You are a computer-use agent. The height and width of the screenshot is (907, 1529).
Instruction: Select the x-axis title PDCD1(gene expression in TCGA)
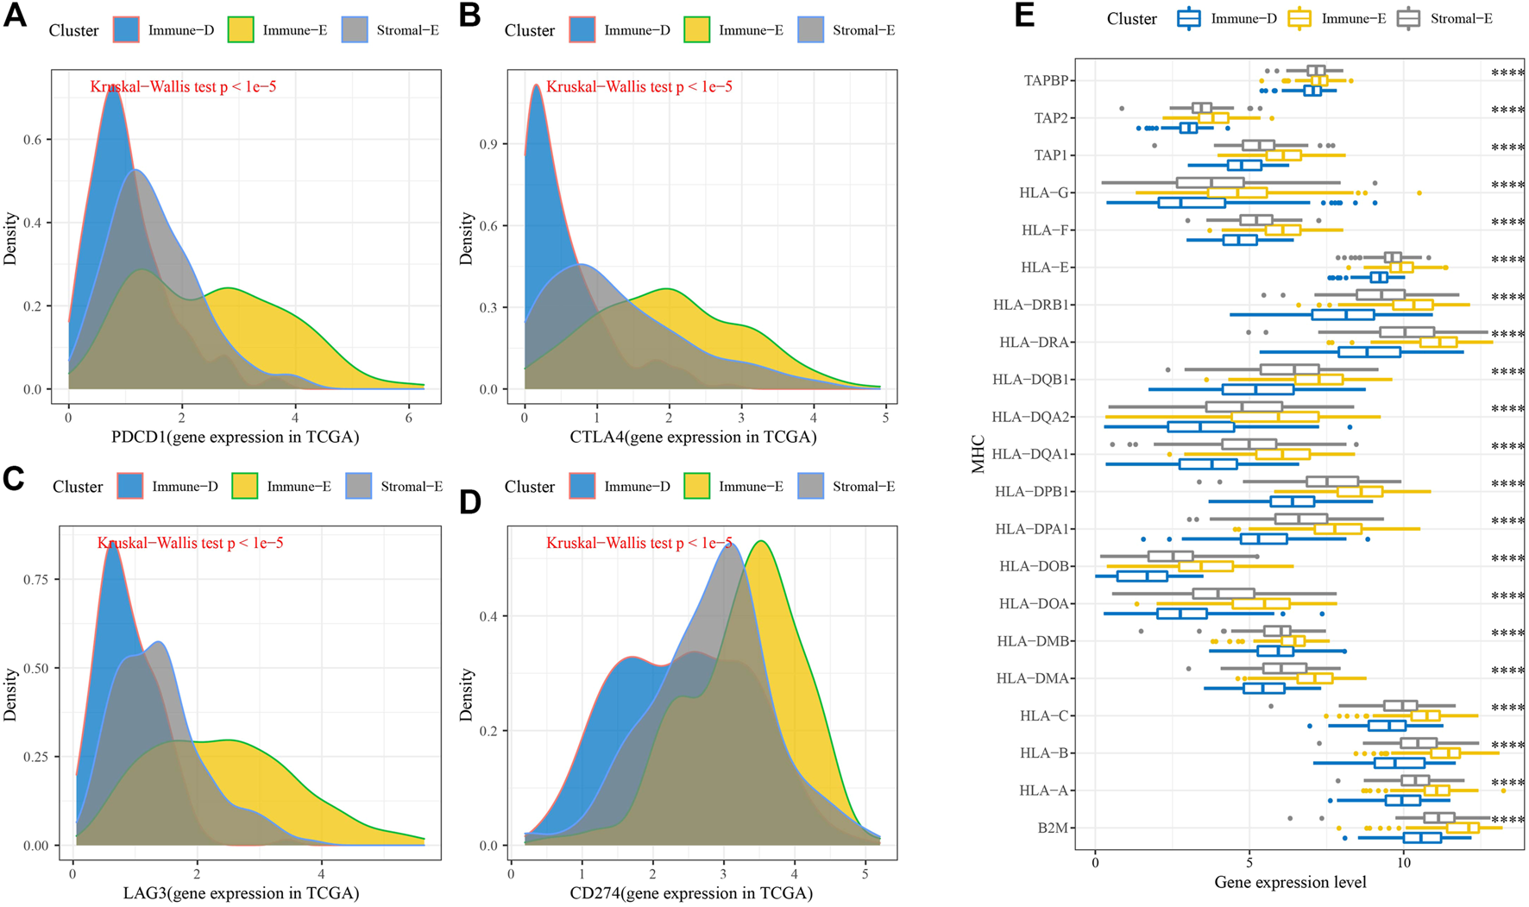point(235,437)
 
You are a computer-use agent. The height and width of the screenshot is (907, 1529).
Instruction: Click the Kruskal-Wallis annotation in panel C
point(190,543)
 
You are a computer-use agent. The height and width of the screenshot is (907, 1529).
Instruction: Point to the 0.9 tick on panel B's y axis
point(489,143)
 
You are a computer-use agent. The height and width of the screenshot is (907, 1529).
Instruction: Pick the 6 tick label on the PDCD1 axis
point(408,417)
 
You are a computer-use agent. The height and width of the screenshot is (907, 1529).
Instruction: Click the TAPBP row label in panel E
point(1046,80)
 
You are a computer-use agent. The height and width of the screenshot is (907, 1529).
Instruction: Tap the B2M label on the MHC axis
point(1053,828)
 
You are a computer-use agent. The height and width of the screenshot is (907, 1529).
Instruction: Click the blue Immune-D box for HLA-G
point(1192,203)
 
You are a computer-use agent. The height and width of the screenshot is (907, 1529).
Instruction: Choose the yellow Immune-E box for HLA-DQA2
point(1275,417)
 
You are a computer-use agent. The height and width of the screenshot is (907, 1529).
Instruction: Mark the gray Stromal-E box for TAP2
point(1202,108)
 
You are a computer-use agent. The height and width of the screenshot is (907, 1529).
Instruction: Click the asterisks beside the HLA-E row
point(1507,260)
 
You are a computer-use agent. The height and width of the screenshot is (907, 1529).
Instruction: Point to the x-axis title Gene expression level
point(1290,882)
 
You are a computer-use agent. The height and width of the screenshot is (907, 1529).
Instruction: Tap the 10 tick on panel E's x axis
point(1404,862)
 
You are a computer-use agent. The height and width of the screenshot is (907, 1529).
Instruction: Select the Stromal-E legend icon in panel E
point(1408,18)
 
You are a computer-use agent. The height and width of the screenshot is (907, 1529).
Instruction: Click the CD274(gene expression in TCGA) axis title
point(691,893)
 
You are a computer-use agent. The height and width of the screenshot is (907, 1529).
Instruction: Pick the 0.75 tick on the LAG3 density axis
point(36,579)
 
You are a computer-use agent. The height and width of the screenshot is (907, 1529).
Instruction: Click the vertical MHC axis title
point(978,454)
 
